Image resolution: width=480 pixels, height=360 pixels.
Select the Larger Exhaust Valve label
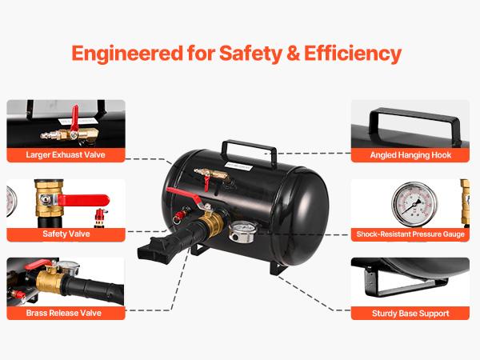66,155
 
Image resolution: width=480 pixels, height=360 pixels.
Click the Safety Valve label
66,234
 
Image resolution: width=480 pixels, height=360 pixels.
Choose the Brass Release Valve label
66,313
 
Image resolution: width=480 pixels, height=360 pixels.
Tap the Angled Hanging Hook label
411,155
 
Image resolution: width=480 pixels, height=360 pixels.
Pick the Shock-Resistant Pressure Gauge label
411,234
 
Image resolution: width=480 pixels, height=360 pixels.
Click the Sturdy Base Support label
411,313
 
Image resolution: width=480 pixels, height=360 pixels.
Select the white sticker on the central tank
238,168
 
